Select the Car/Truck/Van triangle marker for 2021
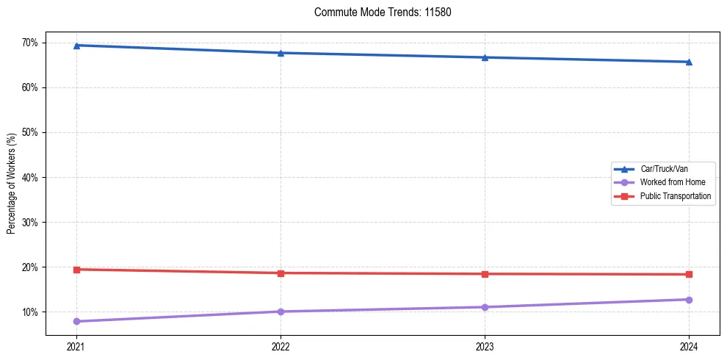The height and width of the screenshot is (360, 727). pyautogui.click(x=76, y=46)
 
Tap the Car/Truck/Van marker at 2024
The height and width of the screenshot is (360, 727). pyautogui.click(x=689, y=62)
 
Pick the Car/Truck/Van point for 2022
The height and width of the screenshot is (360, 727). pyautogui.click(x=281, y=53)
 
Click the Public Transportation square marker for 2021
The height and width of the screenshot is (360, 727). pyautogui.click(x=76, y=270)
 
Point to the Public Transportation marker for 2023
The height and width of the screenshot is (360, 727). pyautogui.click(x=485, y=274)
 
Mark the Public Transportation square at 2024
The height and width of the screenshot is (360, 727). pyautogui.click(x=689, y=275)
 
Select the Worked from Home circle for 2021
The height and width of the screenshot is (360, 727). pyautogui.click(x=76, y=321)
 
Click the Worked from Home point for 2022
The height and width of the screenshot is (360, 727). pyautogui.click(x=281, y=312)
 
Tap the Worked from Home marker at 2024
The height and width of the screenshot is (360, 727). pyautogui.click(x=689, y=300)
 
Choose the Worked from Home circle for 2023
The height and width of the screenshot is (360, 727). pyautogui.click(x=485, y=307)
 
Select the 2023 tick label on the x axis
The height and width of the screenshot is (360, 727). pyautogui.click(x=485, y=345)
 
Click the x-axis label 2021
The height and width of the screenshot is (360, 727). pyautogui.click(x=76, y=345)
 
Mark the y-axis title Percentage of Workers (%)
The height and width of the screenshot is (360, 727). pyautogui.click(x=12, y=184)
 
